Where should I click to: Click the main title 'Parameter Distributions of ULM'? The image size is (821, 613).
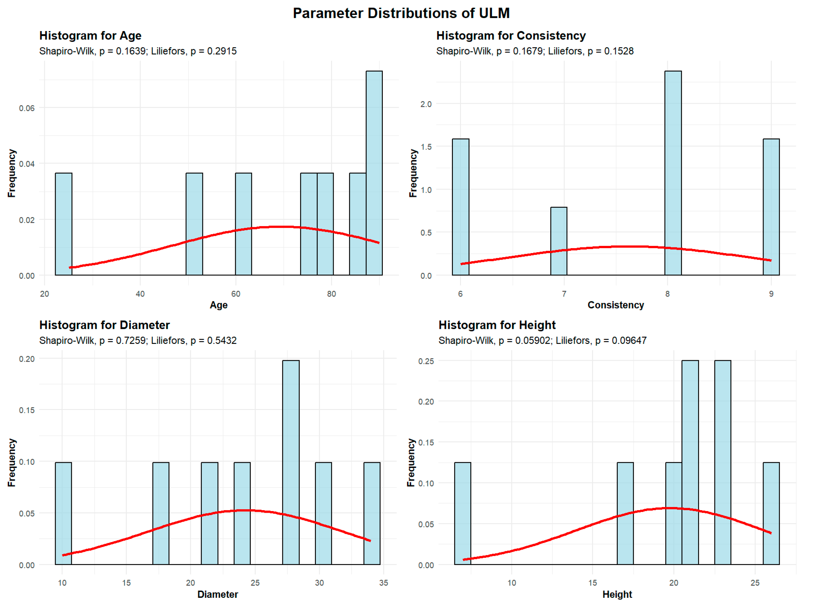click(401, 14)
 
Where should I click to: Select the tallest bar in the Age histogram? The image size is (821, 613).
click(374, 173)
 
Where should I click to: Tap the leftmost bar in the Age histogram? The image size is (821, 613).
click(63, 224)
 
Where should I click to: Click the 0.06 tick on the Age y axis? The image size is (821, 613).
click(27, 108)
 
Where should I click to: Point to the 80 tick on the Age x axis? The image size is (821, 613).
click(331, 294)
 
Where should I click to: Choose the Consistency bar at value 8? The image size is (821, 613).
click(673, 173)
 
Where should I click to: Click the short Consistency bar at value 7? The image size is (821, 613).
click(558, 241)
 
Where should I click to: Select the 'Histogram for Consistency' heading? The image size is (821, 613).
click(511, 36)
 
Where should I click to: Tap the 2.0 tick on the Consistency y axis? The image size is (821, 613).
click(426, 104)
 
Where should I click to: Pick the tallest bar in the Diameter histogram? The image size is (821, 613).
click(291, 462)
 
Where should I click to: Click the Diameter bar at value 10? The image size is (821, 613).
click(63, 513)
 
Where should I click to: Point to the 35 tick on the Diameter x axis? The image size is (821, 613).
click(383, 583)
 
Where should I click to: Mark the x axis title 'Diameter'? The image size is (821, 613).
click(217, 594)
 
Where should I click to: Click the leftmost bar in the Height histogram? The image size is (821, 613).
click(462, 513)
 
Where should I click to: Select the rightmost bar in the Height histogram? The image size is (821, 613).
click(771, 513)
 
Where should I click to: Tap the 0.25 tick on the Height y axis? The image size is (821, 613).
click(426, 361)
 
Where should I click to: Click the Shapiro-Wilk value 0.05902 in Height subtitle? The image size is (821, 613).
click(533, 341)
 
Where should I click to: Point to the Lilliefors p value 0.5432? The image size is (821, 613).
click(222, 341)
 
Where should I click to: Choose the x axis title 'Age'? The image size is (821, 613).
click(219, 305)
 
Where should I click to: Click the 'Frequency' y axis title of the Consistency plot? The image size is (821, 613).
click(413, 173)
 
